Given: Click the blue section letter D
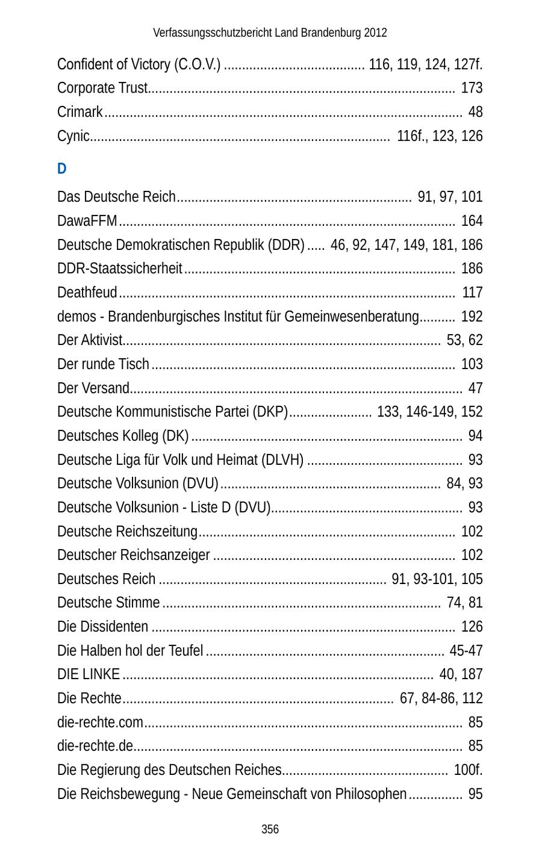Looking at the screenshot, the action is click(x=61, y=169).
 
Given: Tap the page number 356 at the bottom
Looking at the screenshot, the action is click(x=270, y=830).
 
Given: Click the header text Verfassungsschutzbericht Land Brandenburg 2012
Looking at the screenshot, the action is click(x=270, y=33).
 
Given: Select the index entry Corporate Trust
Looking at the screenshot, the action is click(x=102, y=88).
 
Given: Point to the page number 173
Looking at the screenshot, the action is click(x=472, y=88).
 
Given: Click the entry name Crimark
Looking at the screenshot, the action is click(x=80, y=112).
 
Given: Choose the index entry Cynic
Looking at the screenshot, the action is click(x=73, y=136).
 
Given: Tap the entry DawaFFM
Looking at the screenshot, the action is click(x=87, y=221).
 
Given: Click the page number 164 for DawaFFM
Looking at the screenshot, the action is click(x=472, y=221).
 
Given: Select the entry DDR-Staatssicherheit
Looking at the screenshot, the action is click(x=120, y=269).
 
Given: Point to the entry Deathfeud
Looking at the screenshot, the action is click(x=87, y=293).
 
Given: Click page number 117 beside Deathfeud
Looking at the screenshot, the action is click(x=472, y=293).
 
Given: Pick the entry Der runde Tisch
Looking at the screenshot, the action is click(x=103, y=364).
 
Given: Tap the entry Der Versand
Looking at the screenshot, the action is click(x=93, y=388).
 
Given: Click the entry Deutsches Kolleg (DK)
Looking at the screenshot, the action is click(x=123, y=436).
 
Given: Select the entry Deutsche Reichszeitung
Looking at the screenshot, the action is click(x=127, y=532).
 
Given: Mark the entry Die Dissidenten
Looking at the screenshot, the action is click(x=103, y=627).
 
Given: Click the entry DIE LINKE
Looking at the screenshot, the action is click(x=89, y=674).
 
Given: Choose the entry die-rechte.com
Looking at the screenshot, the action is click(x=101, y=722).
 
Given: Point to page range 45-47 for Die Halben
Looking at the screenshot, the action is click(x=466, y=651).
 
